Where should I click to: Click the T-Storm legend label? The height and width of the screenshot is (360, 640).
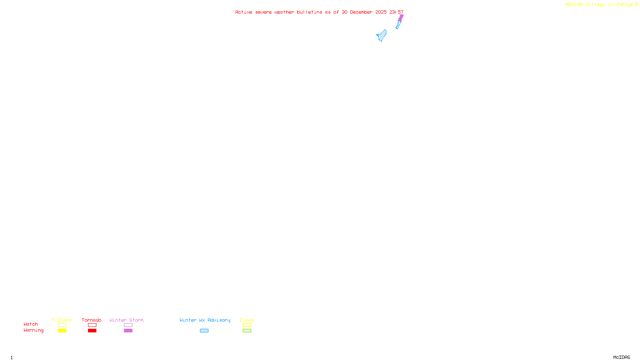tap(62, 320)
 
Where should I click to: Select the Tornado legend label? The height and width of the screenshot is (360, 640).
tap(92, 320)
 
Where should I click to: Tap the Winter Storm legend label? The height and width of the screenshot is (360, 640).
tap(126, 320)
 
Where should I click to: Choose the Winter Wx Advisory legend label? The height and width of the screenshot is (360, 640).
tap(205, 320)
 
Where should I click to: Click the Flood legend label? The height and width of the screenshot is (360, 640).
tap(247, 320)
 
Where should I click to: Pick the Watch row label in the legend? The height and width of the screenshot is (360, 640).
tap(31, 324)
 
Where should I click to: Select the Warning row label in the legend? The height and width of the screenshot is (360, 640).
tap(34, 330)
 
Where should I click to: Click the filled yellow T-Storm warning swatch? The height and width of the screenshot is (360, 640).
tap(62, 331)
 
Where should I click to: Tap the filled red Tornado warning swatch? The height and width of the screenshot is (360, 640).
tap(92, 331)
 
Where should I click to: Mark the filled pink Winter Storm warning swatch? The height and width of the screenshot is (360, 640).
tap(128, 331)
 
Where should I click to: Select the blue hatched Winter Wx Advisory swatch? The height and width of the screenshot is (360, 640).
tap(204, 331)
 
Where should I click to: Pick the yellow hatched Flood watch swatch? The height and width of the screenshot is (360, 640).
tap(247, 325)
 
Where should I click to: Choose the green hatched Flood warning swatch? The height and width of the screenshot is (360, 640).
tap(247, 331)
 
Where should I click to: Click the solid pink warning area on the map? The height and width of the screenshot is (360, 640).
tap(401, 18)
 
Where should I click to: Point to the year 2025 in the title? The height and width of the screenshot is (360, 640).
tap(381, 12)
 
